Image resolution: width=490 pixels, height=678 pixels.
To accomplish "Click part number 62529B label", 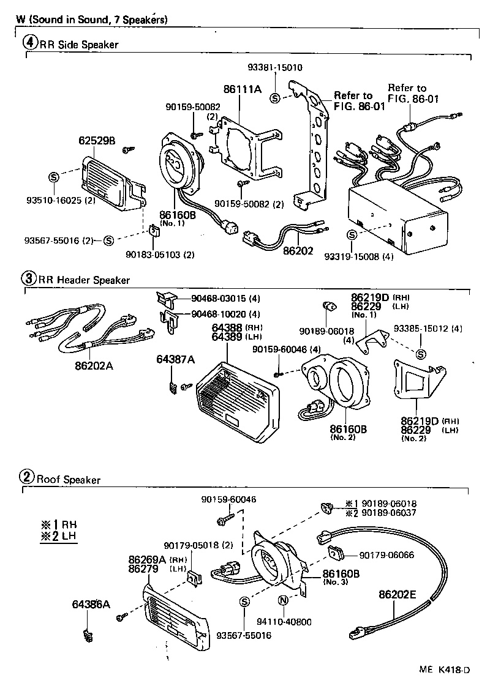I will point(97,140).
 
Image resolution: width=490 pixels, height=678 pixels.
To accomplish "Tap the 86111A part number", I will point(243,89).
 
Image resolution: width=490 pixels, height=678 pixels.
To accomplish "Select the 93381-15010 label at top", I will point(275,68).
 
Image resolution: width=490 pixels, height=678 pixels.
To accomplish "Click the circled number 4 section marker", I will point(31,43).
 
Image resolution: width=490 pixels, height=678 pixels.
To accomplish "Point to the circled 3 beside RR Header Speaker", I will point(29,278).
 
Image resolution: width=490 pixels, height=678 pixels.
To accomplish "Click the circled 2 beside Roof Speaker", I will point(27,478).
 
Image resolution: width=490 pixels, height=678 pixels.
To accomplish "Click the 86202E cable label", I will point(398,593).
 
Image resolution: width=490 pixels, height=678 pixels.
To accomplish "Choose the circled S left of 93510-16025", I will point(53,177).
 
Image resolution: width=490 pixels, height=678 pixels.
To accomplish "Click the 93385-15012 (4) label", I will point(428,329).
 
